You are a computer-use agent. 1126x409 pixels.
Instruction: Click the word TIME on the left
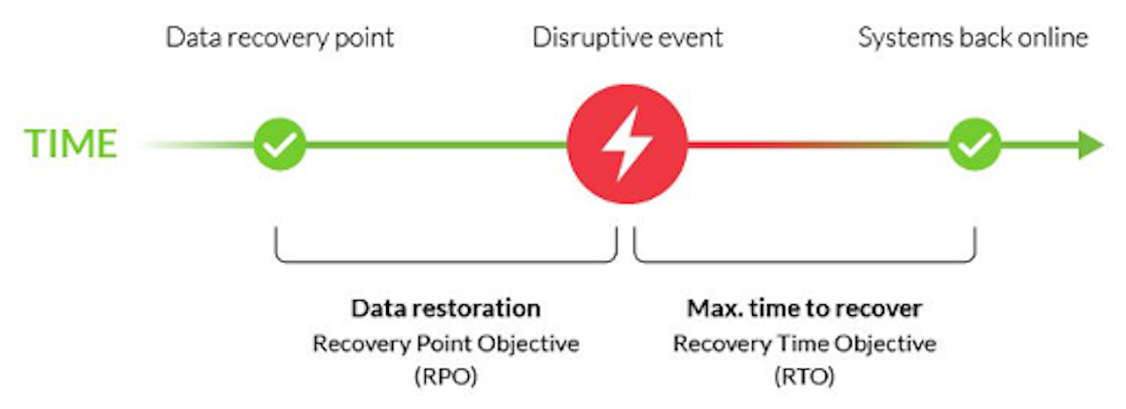pyautogui.click(x=71, y=143)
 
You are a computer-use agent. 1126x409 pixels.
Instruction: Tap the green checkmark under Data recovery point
pyautogui.click(x=280, y=144)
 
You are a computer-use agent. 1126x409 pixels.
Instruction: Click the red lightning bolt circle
pyautogui.click(x=627, y=144)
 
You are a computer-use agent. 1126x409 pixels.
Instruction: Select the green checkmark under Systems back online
pyautogui.click(x=974, y=144)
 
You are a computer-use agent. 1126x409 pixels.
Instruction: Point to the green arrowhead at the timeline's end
pyautogui.click(x=1091, y=145)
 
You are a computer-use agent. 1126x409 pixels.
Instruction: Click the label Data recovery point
pyautogui.click(x=280, y=38)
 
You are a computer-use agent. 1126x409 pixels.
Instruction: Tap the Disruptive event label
pyautogui.click(x=627, y=38)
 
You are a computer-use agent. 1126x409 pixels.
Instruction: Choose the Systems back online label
pyautogui.click(x=973, y=38)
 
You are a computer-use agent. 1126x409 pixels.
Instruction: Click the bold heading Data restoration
pyautogui.click(x=446, y=308)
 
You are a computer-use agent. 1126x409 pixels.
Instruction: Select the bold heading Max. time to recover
pyautogui.click(x=804, y=308)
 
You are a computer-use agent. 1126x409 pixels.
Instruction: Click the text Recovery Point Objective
pyautogui.click(x=446, y=344)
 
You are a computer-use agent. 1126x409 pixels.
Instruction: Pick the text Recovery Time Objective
pyautogui.click(x=804, y=344)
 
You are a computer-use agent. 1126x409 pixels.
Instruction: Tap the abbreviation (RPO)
pyautogui.click(x=446, y=376)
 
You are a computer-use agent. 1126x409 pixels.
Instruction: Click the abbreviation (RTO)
pyautogui.click(x=804, y=376)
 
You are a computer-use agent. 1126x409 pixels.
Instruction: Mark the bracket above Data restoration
pyautogui.click(x=446, y=260)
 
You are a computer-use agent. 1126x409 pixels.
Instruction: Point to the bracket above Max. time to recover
pyautogui.click(x=804, y=260)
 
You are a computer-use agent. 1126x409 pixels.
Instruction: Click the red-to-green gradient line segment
pyautogui.click(x=818, y=145)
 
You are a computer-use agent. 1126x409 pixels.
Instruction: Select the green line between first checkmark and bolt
pyautogui.click(x=437, y=145)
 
